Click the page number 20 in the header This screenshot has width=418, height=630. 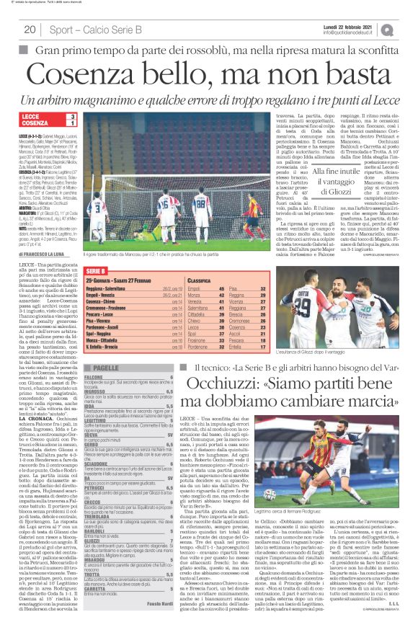[x=30, y=30]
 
